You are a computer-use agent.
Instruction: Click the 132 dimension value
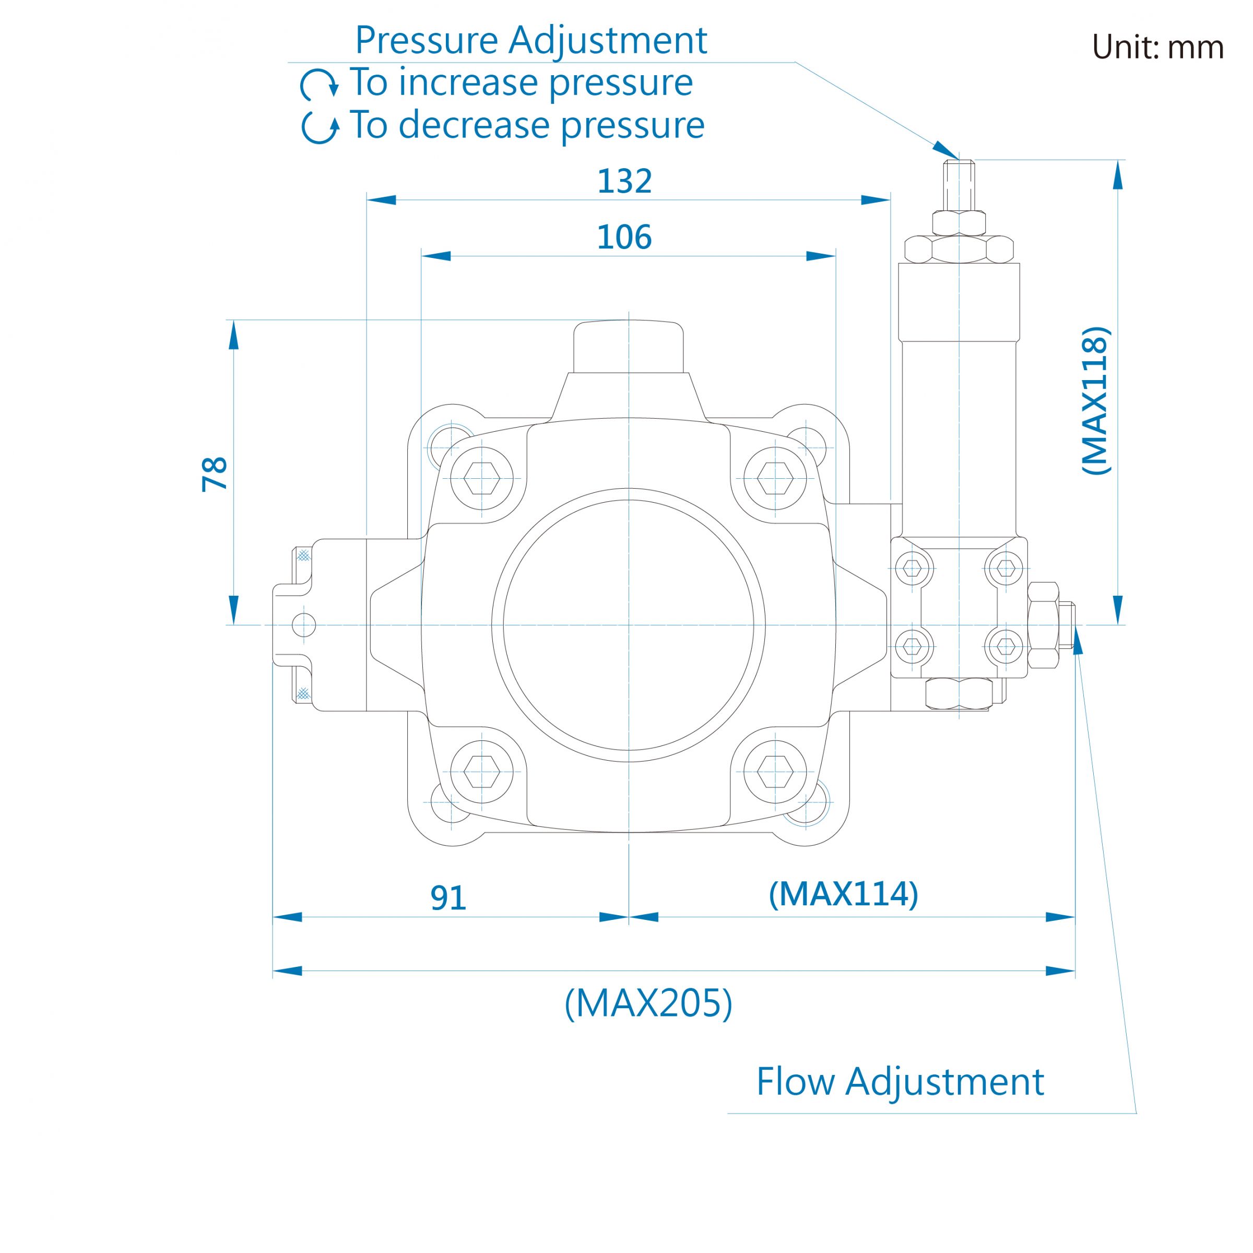[624, 181]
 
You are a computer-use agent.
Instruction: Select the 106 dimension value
[624, 238]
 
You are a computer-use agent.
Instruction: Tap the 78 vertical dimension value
[215, 474]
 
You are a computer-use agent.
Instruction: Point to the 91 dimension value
[448, 897]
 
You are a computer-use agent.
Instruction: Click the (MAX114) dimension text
[843, 894]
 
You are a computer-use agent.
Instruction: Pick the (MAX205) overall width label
[648, 1003]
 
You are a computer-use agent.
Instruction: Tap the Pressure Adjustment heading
[530, 40]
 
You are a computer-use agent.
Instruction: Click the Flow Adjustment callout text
[900, 1082]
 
